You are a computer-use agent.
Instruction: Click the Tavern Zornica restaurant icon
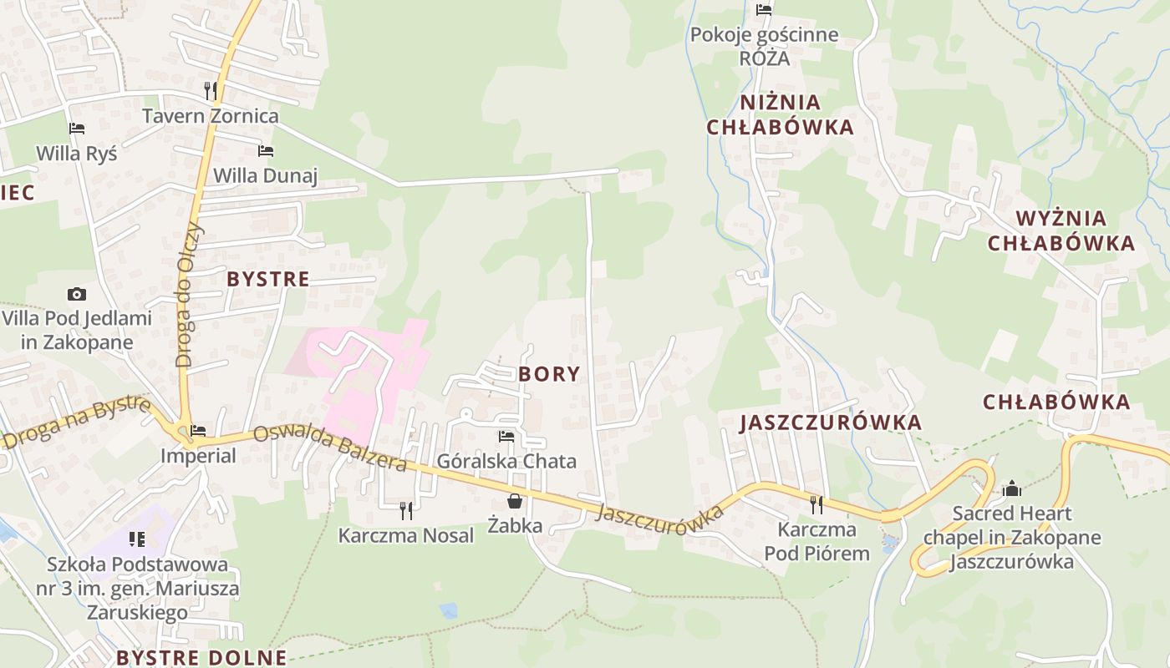click(211, 90)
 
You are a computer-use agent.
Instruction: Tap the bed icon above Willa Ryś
click(77, 129)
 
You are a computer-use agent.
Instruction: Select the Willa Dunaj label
click(266, 175)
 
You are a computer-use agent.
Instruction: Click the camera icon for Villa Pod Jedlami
click(77, 294)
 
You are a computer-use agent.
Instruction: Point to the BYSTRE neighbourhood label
click(268, 279)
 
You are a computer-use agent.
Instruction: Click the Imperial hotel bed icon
click(198, 431)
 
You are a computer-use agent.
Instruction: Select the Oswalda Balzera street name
click(329, 448)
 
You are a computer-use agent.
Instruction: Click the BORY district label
click(549, 373)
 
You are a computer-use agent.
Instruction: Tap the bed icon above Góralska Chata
click(506, 436)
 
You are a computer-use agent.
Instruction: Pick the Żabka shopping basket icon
click(515, 501)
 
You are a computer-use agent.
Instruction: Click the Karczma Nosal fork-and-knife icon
click(406, 509)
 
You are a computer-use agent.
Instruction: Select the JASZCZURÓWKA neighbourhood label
click(831, 423)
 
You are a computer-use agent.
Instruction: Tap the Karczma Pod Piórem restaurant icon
click(816, 504)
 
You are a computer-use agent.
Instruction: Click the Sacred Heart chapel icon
click(1012, 488)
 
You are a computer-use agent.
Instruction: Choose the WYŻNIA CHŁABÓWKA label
click(1061, 231)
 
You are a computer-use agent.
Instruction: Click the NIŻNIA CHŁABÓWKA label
click(780, 114)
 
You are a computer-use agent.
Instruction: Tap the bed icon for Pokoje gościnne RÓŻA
click(764, 10)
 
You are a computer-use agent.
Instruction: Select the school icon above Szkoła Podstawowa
click(137, 539)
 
